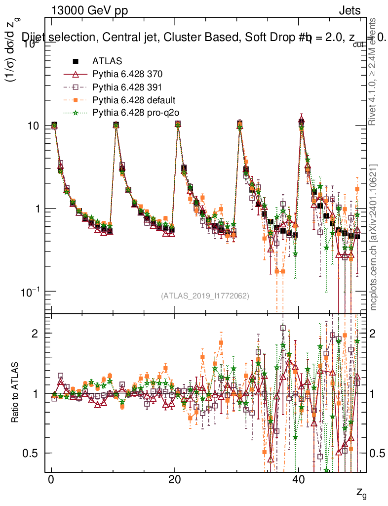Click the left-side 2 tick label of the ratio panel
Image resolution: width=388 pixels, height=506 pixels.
[36, 334]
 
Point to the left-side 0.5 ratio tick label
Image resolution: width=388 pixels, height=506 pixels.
[32, 453]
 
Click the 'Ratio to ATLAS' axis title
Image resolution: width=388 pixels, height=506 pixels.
[15, 393]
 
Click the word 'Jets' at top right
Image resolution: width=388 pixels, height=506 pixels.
[349, 11]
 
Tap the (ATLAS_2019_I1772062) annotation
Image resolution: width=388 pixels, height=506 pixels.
[205, 296]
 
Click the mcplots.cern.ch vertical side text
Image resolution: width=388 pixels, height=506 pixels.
[374, 237]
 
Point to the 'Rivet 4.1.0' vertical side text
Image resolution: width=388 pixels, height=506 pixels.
[374, 72]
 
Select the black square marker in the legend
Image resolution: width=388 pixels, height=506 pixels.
[76, 62]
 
